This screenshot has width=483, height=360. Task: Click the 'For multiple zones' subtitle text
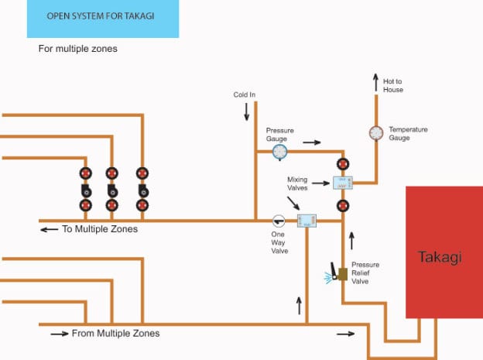(77, 48)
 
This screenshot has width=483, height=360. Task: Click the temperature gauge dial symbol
(376, 132)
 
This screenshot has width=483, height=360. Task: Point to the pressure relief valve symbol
(341, 273)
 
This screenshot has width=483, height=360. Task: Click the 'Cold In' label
(245, 94)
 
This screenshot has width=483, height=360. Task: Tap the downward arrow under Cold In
(247, 111)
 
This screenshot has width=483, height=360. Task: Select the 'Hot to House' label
(393, 85)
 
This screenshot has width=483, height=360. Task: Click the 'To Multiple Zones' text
(101, 229)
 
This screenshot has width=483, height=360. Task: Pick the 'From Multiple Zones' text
(115, 334)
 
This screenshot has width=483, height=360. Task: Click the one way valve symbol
(279, 220)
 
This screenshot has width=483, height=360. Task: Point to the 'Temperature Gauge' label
(409, 133)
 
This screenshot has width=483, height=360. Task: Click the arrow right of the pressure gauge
(311, 142)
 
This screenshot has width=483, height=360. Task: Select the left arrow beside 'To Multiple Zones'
(49, 229)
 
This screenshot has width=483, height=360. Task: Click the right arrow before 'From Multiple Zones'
(59, 334)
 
